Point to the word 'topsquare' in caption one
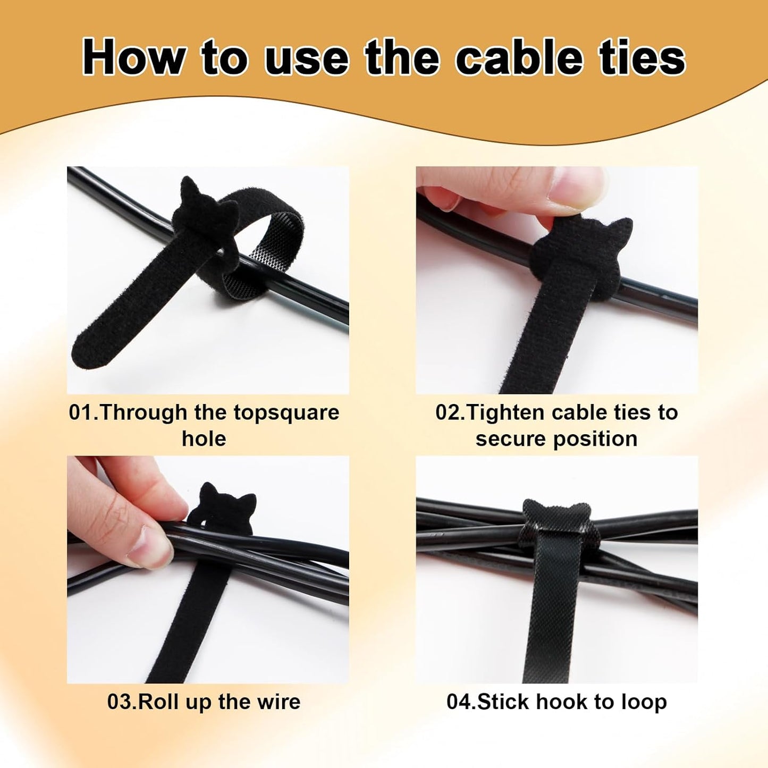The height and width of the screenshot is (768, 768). click(x=286, y=413)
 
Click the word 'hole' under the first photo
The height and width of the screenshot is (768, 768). click(x=204, y=439)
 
